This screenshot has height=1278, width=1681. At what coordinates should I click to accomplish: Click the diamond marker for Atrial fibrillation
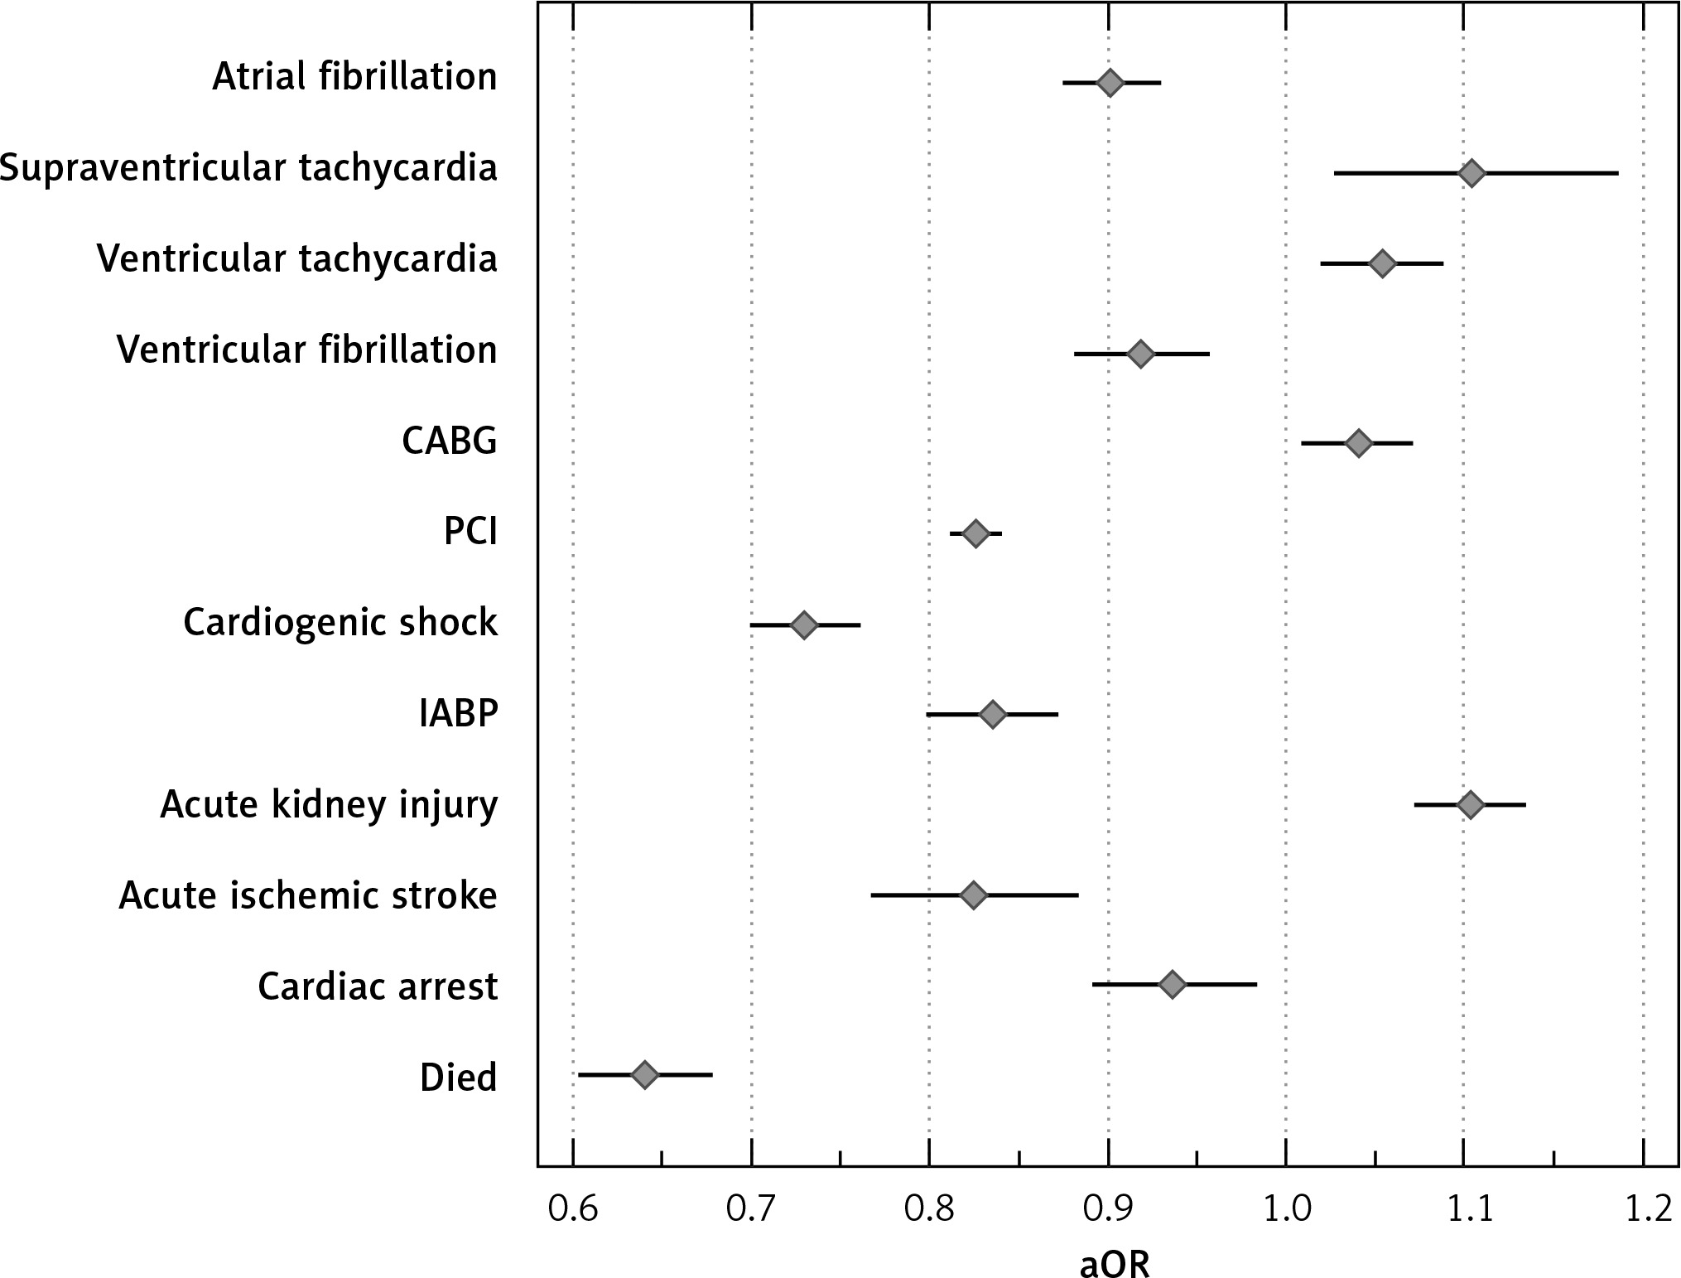tap(1110, 83)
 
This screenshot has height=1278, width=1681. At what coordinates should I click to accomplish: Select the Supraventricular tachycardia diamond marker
tap(1471, 173)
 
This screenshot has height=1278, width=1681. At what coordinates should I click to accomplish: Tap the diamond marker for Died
tap(644, 1075)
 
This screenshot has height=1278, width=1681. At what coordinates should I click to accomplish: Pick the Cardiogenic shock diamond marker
tap(803, 625)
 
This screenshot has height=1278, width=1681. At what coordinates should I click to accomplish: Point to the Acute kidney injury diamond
tap(1470, 804)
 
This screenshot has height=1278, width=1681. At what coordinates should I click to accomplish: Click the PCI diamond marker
tap(976, 533)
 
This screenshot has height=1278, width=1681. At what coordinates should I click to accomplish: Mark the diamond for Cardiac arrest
tap(1172, 985)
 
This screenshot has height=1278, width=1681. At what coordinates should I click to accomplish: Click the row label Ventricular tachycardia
tap(297, 259)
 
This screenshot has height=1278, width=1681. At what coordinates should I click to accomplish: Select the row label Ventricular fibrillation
tap(307, 350)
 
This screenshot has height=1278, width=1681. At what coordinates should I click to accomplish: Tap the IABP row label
tap(459, 714)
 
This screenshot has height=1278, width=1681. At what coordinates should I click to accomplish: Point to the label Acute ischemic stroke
tap(308, 896)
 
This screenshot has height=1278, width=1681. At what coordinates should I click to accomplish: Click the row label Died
tap(459, 1078)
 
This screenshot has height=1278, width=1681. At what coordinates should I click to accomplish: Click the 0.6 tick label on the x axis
tap(572, 1211)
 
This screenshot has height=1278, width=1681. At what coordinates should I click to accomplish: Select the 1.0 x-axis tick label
tap(1285, 1211)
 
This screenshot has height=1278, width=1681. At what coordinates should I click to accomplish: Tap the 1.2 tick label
tap(1643, 1211)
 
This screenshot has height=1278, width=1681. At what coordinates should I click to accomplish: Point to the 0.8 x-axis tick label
tap(929, 1211)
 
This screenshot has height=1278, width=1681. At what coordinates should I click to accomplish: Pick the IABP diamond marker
tap(992, 714)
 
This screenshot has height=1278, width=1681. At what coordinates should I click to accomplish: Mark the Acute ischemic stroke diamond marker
tap(973, 895)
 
